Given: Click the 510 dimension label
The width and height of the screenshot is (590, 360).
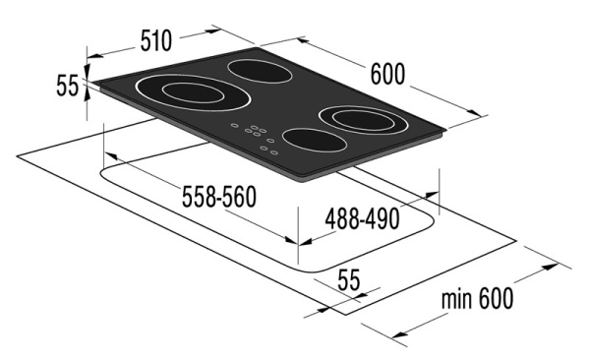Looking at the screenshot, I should [x=154, y=41].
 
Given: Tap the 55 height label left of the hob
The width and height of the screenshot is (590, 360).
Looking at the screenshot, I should [x=67, y=87].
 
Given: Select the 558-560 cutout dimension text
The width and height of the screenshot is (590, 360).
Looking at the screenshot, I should [x=220, y=198].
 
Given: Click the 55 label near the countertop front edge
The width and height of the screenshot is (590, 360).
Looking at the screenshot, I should [x=348, y=280].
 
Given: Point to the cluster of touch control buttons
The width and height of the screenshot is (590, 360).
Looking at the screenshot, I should [x=257, y=136].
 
